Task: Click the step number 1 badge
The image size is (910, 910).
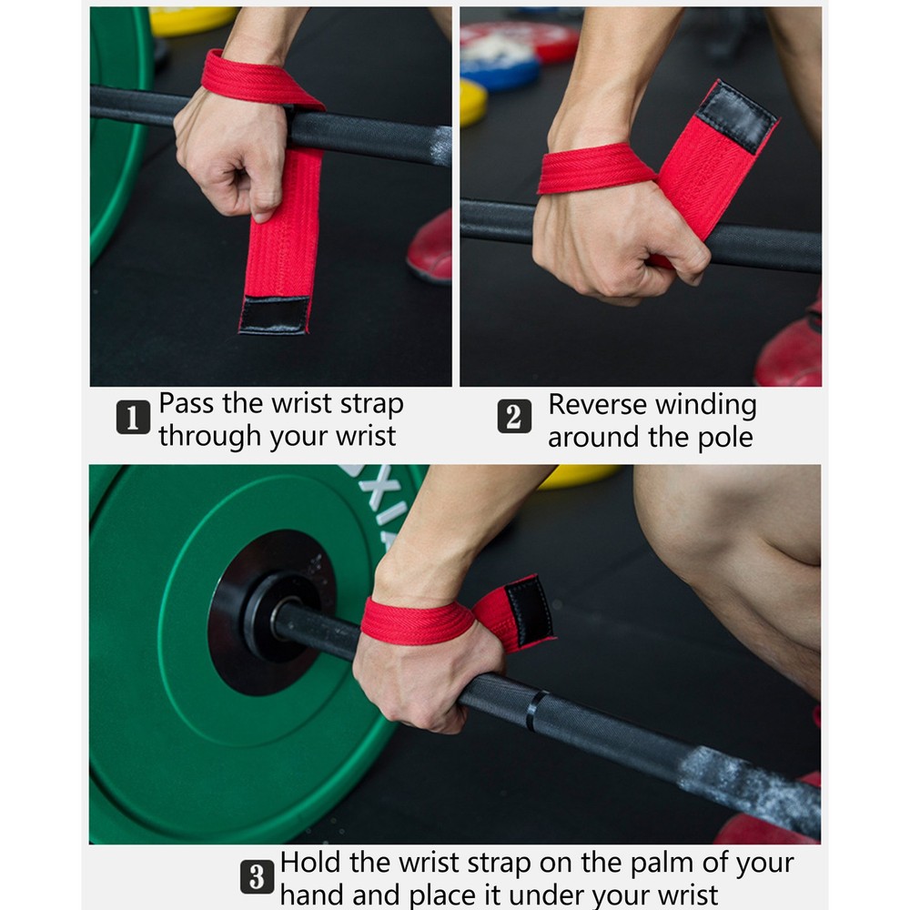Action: tap(133, 420)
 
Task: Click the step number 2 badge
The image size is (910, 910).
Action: tap(514, 418)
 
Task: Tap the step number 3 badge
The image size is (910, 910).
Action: tap(258, 878)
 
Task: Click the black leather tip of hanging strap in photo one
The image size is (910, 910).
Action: tap(274, 315)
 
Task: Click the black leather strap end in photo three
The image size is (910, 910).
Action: tap(529, 611)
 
